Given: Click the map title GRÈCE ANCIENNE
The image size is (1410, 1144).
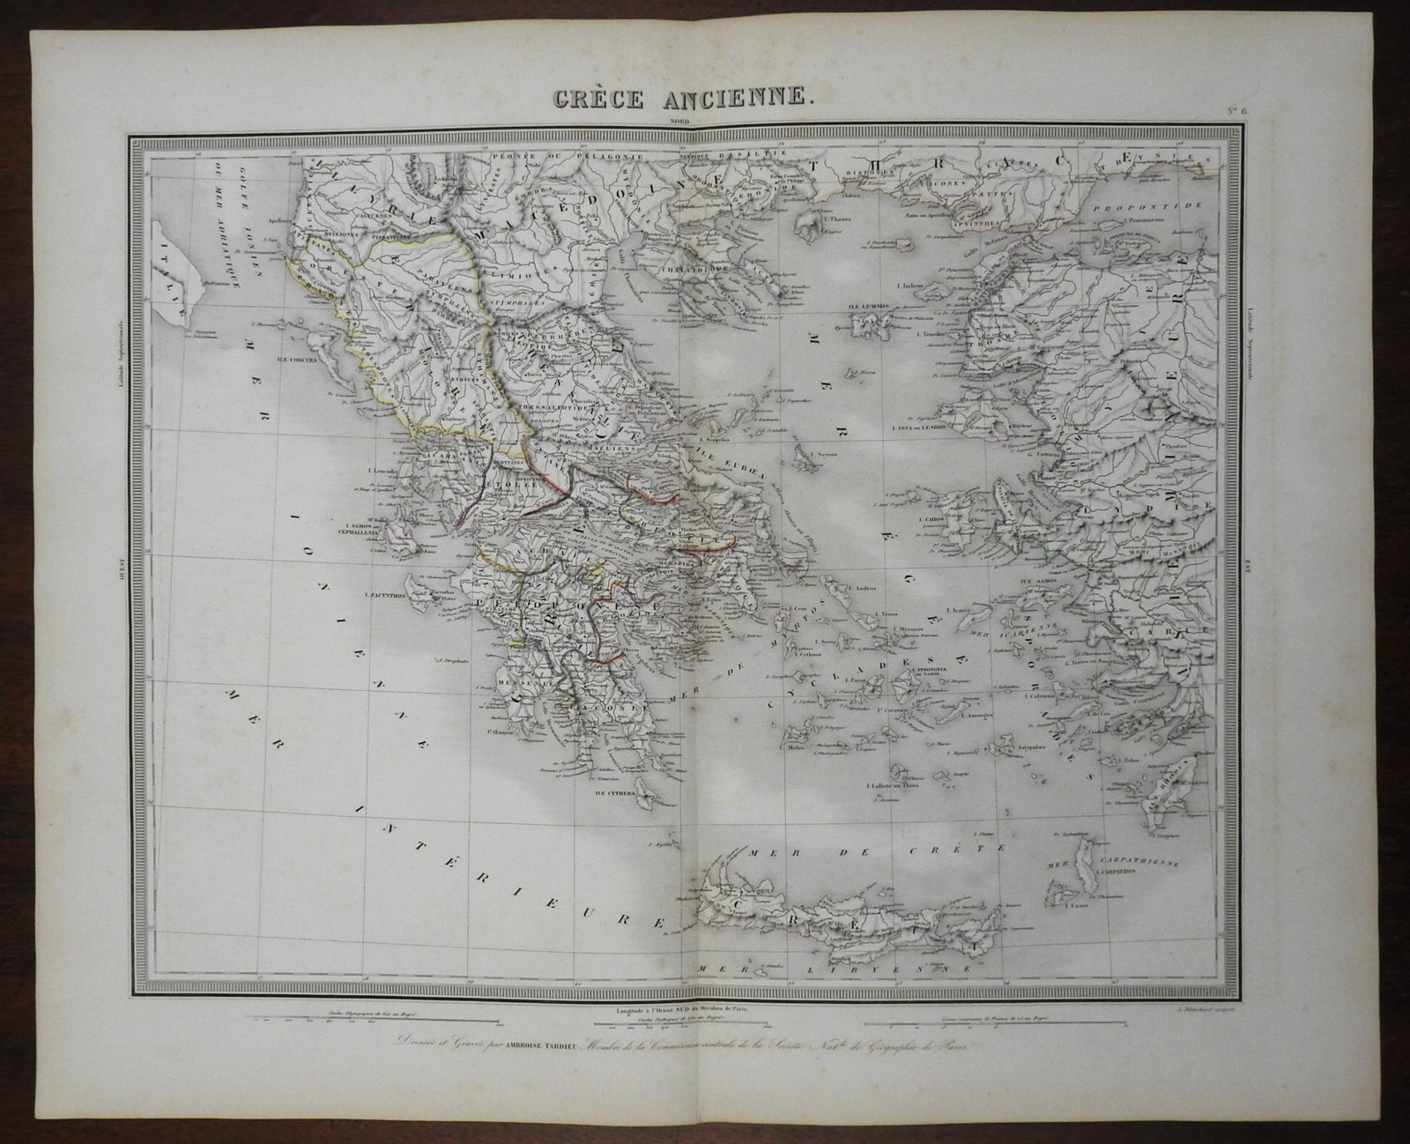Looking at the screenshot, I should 680,96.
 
